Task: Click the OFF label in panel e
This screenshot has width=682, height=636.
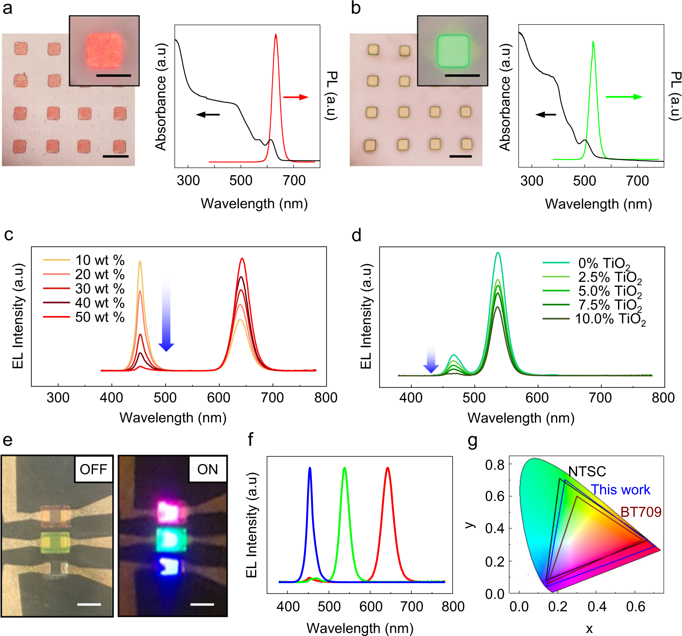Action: pos(93,469)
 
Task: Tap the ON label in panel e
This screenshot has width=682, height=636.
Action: pos(207,469)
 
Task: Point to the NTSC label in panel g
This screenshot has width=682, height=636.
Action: pos(587,472)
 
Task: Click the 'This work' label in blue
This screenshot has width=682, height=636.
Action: pos(620,490)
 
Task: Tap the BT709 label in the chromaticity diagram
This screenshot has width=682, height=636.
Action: pos(641,512)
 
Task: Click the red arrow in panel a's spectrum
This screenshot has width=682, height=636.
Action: pos(296,97)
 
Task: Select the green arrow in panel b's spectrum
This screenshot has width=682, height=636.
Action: pos(624,97)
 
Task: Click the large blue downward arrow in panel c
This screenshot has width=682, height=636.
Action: pos(166,314)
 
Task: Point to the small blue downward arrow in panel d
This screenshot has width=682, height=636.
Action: pos(431,360)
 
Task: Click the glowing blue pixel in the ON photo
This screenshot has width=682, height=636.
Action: pos(170,566)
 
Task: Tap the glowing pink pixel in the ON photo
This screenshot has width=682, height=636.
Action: pos(171,512)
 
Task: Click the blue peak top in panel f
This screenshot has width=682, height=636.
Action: pos(310,469)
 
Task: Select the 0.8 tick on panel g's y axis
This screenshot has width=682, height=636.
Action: pos(494,465)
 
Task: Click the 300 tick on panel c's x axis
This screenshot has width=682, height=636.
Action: pos(58,398)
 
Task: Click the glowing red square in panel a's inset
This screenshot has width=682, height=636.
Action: pos(104,50)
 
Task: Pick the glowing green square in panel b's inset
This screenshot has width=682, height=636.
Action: pos(453,50)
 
